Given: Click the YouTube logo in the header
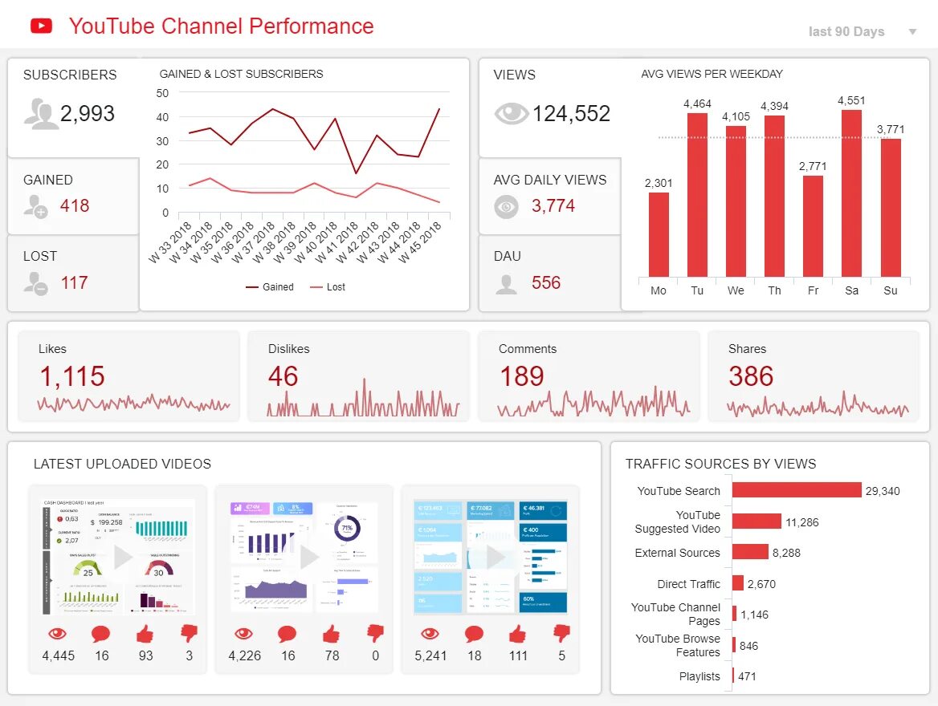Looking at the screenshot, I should (41, 26).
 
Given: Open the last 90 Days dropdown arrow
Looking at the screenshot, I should (912, 32).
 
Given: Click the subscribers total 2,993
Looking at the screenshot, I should (88, 114).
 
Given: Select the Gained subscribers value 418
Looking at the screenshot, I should (75, 206).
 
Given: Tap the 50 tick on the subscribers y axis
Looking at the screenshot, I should (163, 93).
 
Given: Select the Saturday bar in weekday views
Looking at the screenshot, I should (851, 193).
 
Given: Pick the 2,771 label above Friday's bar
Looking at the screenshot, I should (813, 166).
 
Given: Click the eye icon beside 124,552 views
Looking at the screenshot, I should (511, 114).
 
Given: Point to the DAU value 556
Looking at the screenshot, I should (546, 283).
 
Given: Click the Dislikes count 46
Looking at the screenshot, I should (283, 376).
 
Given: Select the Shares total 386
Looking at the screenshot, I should (751, 376).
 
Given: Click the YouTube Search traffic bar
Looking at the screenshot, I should (796, 490).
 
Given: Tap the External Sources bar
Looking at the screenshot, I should (750, 552).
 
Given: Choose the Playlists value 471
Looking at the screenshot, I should (748, 676).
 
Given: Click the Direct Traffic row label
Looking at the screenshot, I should (688, 584).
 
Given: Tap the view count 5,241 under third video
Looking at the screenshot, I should (430, 655).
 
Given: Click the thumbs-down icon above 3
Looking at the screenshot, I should (190, 634).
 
